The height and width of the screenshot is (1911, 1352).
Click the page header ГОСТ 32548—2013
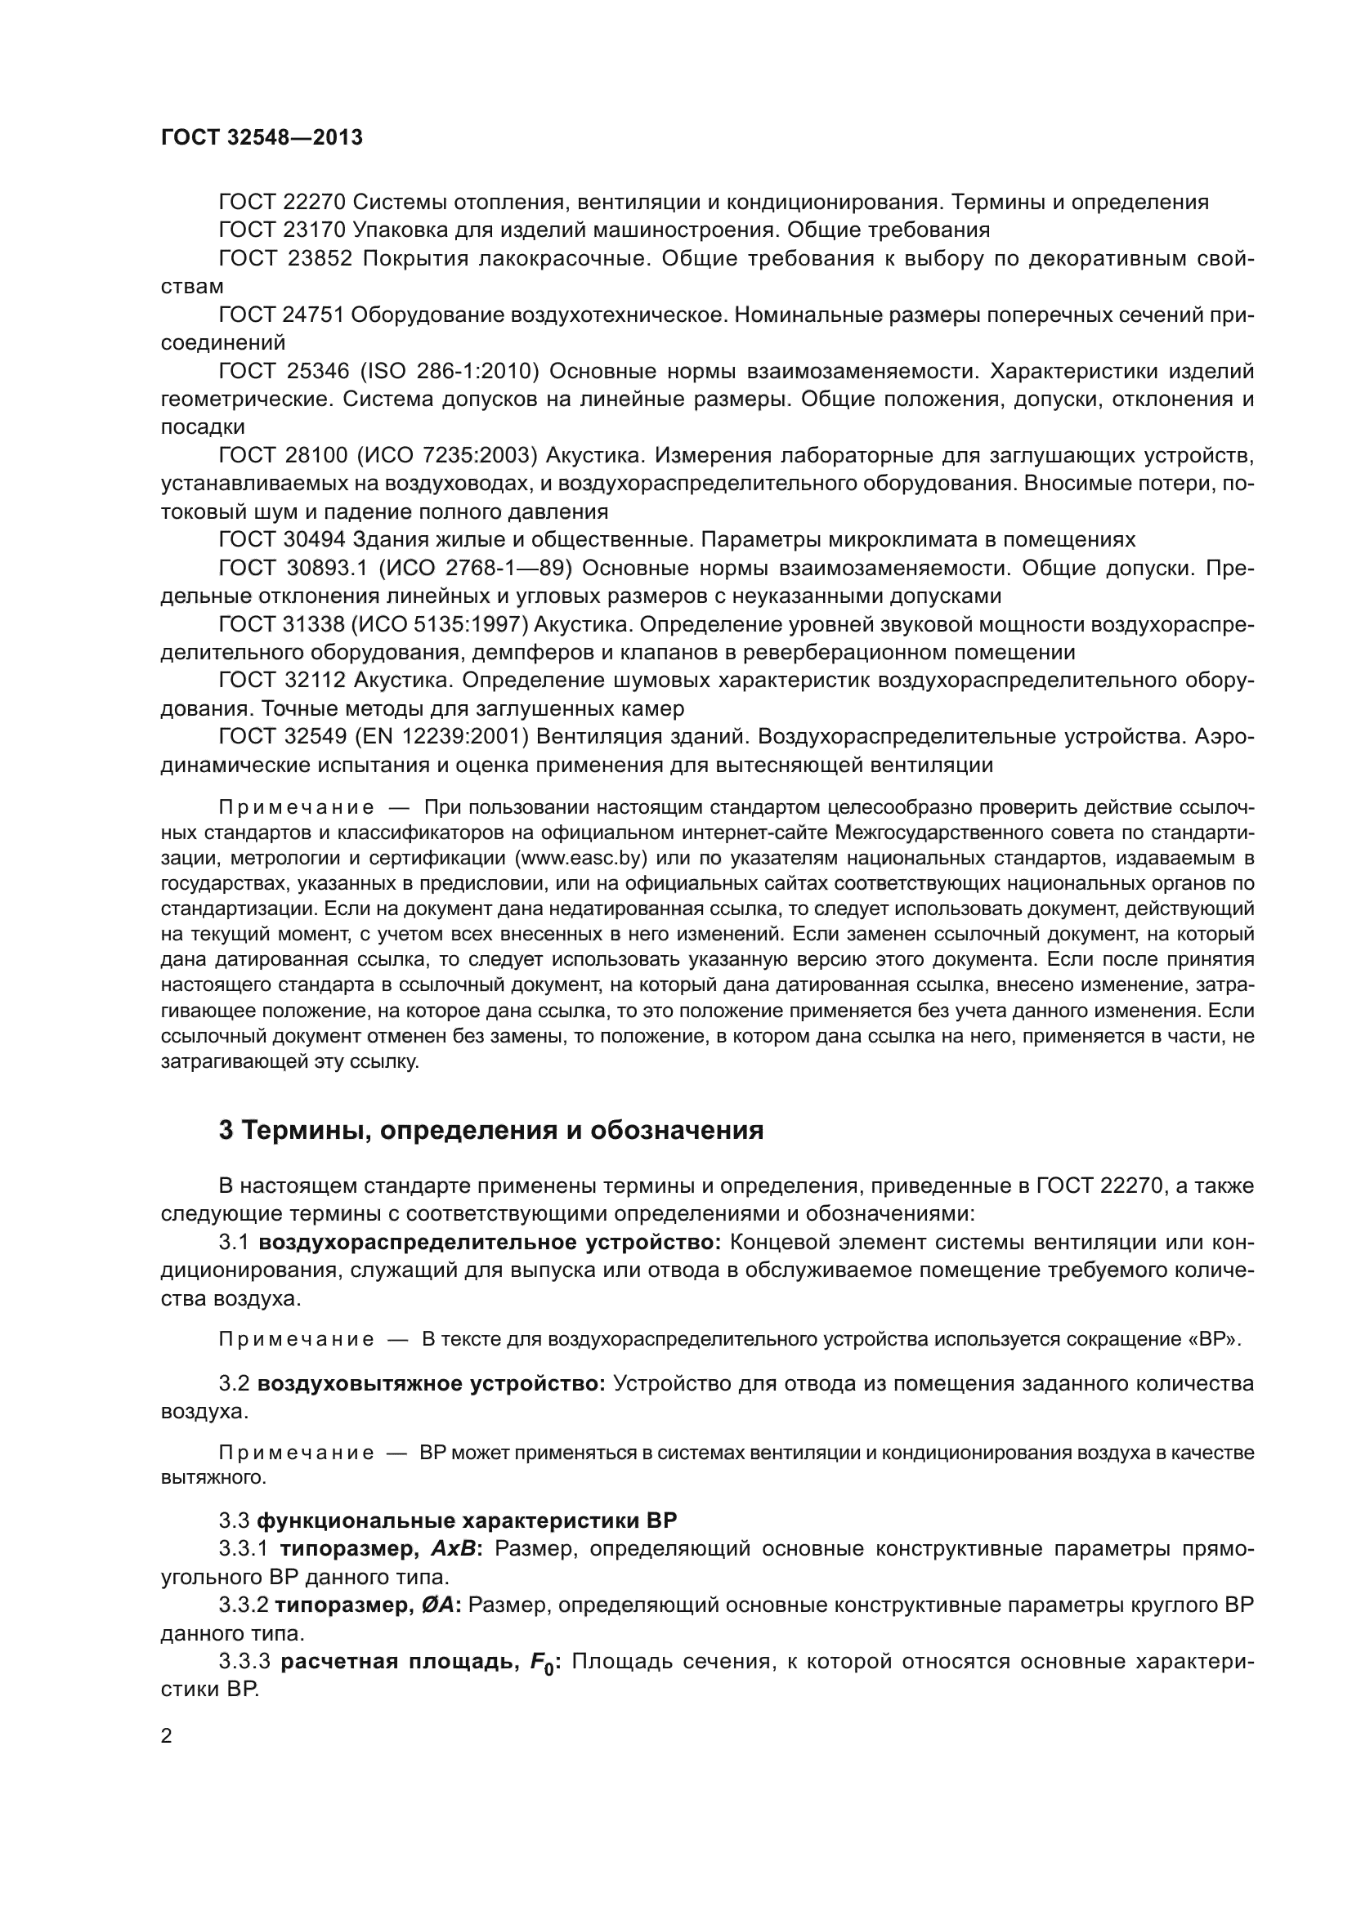click(262, 138)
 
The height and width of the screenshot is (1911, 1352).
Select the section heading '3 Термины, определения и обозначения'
click(491, 1130)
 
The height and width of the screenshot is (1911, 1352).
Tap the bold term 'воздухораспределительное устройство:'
click(490, 1243)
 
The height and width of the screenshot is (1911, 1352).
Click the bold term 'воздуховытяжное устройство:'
click(432, 1384)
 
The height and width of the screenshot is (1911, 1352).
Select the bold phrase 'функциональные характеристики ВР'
click(467, 1520)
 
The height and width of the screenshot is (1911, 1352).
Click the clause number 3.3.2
click(243, 1605)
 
